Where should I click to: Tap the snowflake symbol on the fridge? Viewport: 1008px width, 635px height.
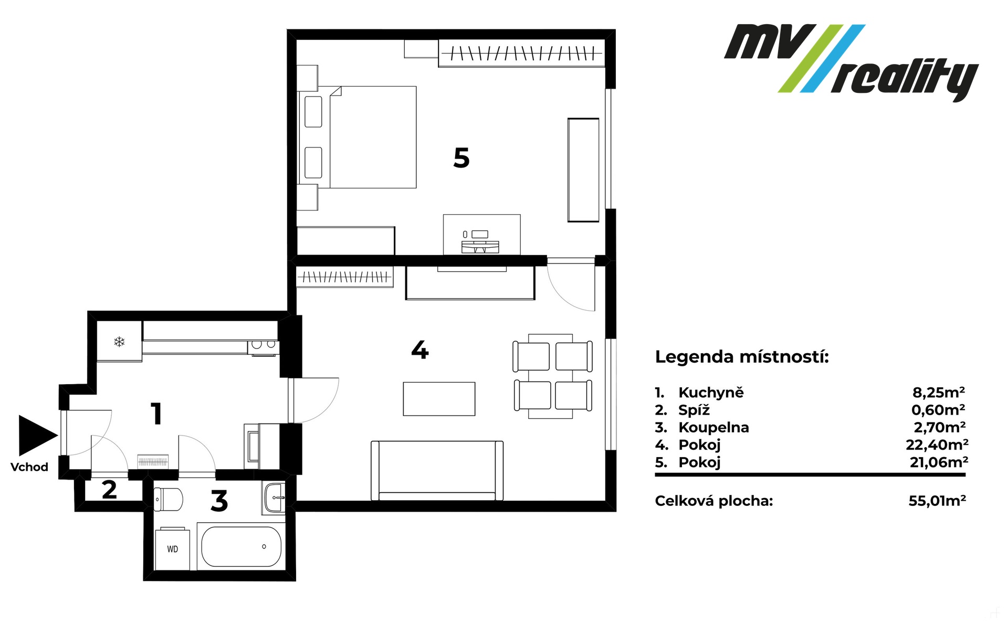pos(120,342)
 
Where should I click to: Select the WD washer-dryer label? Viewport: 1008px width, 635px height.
pos(173,549)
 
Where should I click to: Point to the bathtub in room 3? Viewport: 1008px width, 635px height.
pos(241,546)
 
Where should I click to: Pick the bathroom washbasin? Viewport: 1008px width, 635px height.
pos(275,498)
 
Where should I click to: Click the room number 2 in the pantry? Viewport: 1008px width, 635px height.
pos(109,490)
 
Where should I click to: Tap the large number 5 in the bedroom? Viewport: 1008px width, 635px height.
pos(461,158)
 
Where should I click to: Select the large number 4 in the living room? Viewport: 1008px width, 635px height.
pos(420,350)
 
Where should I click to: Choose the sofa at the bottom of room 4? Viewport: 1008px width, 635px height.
pos(437,471)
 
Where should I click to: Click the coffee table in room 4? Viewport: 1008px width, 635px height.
pos(439,399)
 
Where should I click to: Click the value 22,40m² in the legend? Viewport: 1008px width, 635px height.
pos(937,445)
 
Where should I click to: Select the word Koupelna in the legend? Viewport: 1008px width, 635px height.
pos(713,428)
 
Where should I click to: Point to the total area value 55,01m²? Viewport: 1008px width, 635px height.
pos(937,501)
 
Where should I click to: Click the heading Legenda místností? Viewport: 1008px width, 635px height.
pos(742,357)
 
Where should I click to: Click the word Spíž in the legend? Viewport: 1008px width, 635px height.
pos(694,410)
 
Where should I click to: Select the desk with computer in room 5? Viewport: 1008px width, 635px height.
pos(482,235)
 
